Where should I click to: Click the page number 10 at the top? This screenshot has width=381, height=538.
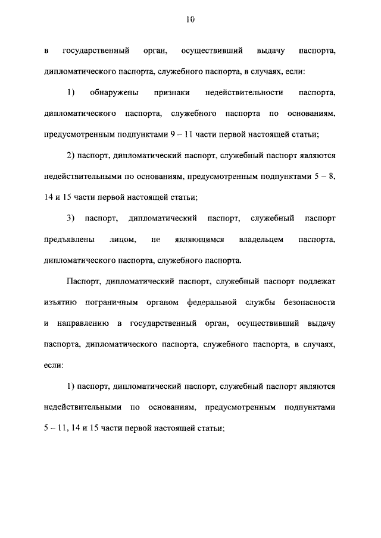tap(190, 20)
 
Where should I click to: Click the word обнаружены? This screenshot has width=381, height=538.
tap(114, 93)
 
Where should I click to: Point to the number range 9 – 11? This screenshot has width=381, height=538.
tap(180, 134)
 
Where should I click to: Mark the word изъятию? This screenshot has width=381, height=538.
tap(60, 302)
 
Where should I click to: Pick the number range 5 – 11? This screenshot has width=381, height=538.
tap(58, 428)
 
